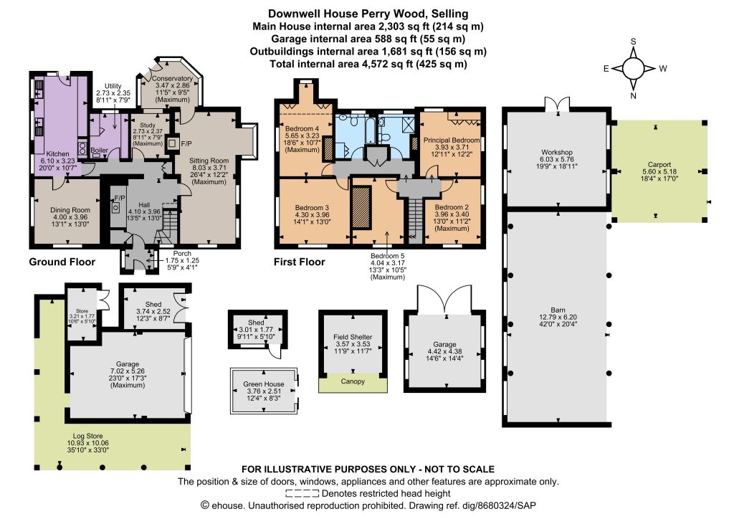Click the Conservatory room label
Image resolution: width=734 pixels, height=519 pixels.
point(172,79)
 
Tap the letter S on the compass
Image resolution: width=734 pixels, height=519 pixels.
point(634,41)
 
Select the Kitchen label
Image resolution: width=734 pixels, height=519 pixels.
point(57,154)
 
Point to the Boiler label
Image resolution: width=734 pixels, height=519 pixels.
point(99,151)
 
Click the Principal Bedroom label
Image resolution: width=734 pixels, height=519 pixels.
point(452,140)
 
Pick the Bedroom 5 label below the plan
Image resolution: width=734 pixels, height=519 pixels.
point(387,256)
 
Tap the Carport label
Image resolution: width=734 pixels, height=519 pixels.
point(659,164)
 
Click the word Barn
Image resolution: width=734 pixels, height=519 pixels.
point(558,310)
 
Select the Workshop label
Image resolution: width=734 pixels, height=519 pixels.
point(556,152)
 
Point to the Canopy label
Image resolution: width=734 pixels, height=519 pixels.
point(353,381)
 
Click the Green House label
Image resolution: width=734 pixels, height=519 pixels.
point(264,384)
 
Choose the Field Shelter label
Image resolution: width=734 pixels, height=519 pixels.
point(353,337)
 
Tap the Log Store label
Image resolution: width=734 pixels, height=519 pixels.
point(87,436)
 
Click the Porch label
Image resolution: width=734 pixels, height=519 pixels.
point(182,253)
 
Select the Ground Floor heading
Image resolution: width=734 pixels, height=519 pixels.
point(62,262)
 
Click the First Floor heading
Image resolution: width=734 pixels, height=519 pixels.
point(299,262)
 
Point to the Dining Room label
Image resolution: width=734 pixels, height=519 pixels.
point(70,210)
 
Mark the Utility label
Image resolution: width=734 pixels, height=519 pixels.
point(113,86)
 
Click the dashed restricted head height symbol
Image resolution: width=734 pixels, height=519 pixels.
point(302,493)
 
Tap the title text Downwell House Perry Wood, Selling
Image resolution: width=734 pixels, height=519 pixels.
point(368,14)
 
